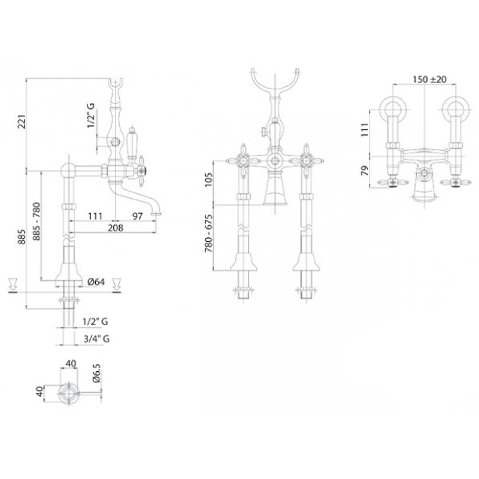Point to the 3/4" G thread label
pos(96,338)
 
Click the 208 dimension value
pos(116,228)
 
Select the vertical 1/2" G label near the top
pos(91,115)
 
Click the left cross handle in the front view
pos(244,160)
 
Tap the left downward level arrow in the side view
pos(13,283)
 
